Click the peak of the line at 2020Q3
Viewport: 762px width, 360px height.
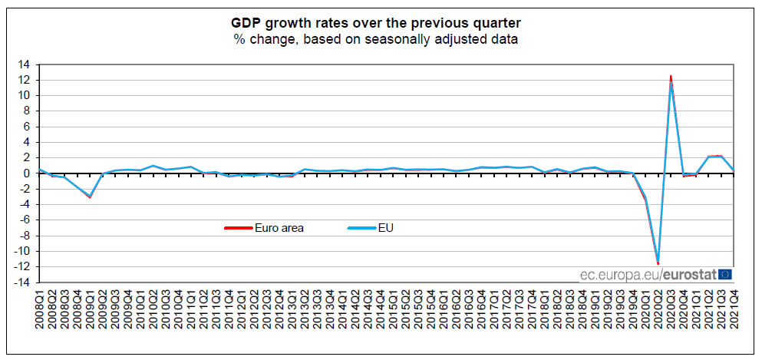click(671, 77)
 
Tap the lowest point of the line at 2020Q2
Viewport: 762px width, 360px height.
click(658, 263)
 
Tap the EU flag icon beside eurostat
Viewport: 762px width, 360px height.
click(725, 274)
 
